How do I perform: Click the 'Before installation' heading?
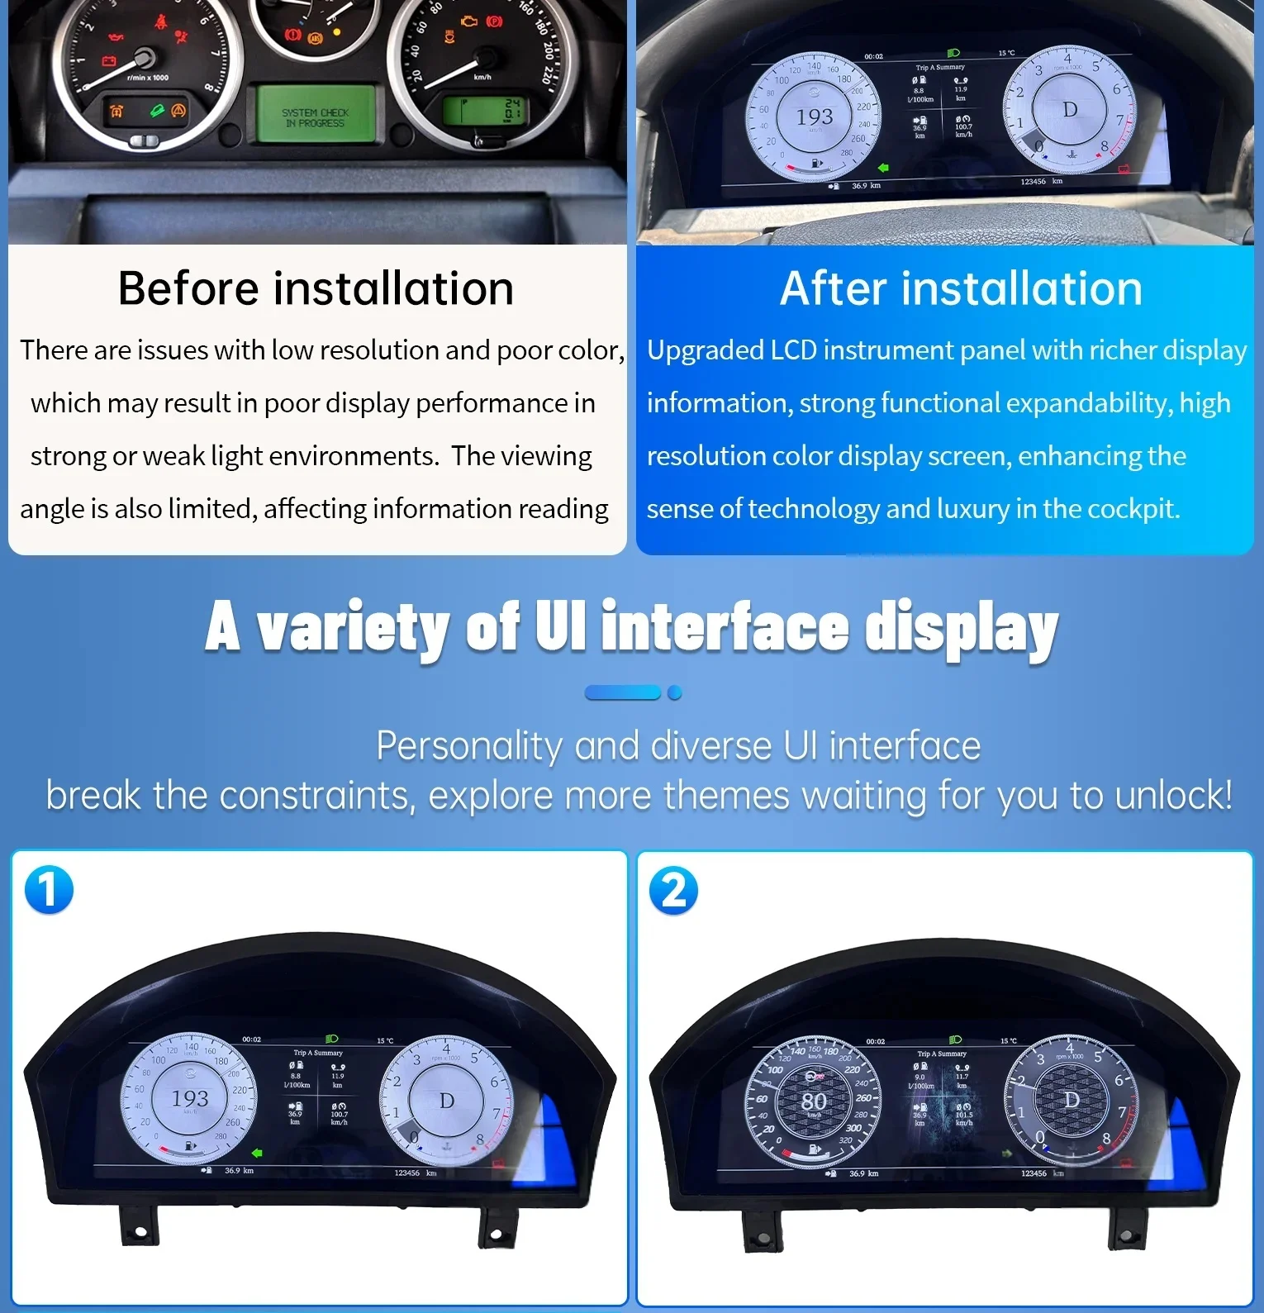tap(316, 288)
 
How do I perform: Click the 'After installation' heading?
tap(961, 288)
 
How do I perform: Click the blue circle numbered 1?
tap(49, 890)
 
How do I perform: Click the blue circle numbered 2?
tap(673, 891)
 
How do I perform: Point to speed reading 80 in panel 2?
tap(814, 1101)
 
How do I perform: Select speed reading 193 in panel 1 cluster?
tap(189, 1099)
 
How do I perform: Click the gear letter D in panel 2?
tap(1072, 1100)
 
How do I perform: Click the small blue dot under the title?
tap(675, 692)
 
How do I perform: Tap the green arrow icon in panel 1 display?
tap(257, 1152)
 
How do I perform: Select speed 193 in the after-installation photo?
tap(814, 117)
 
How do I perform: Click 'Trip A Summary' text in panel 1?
tap(317, 1053)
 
